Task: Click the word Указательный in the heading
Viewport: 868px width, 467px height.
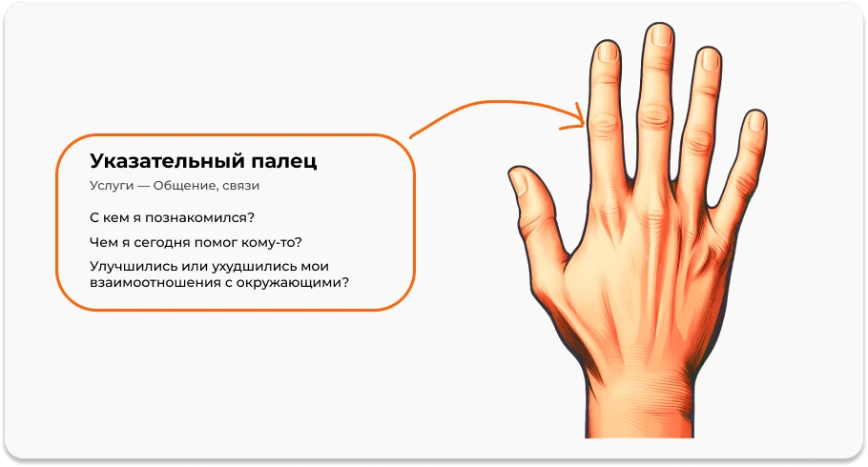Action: point(158,162)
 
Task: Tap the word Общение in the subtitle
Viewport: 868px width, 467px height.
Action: point(189,186)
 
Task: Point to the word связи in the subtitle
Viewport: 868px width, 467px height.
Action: point(240,186)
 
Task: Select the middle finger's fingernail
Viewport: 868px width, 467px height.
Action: point(660,36)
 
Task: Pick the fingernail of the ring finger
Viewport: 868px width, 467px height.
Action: point(710,60)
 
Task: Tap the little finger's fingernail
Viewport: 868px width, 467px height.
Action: point(756,122)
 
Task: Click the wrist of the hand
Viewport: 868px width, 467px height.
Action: point(632,400)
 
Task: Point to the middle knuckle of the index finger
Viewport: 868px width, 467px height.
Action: point(603,121)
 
